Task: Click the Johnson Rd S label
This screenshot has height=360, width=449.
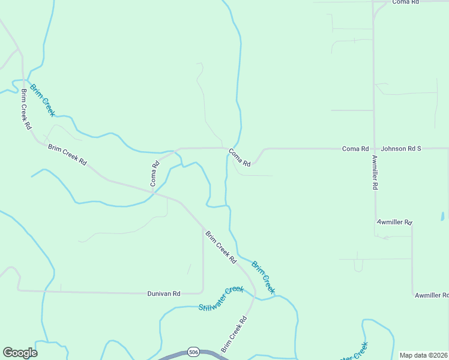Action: click(401, 148)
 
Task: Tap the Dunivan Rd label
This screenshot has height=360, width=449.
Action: click(164, 293)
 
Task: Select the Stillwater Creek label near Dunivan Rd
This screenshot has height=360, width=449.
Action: click(221, 298)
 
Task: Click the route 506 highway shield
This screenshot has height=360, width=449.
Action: click(193, 351)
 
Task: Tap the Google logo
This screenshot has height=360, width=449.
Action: click(20, 353)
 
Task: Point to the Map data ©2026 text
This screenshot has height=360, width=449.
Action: click(423, 355)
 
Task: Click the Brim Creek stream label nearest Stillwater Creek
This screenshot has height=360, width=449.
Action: click(263, 277)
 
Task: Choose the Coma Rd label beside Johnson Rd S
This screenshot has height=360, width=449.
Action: click(355, 148)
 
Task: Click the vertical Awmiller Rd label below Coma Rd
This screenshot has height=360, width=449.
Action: click(375, 172)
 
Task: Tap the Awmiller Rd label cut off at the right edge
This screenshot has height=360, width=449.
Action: click(432, 295)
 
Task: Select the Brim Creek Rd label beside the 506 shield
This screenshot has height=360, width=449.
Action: click(234, 335)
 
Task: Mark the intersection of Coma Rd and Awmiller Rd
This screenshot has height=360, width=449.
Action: click(374, 148)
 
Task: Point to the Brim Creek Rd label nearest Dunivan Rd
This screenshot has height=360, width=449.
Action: click(220, 247)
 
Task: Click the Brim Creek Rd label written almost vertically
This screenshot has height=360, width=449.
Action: click(25, 110)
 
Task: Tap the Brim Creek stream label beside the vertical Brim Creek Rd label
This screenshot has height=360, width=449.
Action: click(43, 100)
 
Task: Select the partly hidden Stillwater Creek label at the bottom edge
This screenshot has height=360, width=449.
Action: click(353, 353)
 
